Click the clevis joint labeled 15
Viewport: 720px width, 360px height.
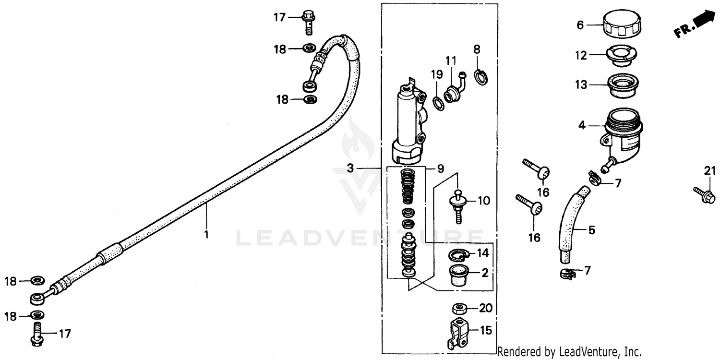coord(458,331)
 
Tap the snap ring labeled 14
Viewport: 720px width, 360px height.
coord(458,254)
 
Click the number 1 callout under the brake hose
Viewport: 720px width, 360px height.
coord(206,235)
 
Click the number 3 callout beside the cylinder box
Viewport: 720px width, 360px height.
coord(350,168)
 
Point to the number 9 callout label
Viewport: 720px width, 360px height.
coord(441,168)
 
